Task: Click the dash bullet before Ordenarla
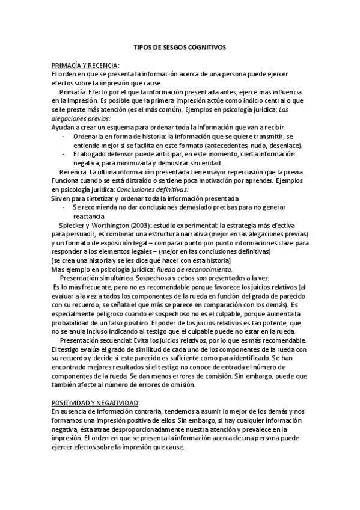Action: pos(64,137)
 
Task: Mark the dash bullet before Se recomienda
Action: pos(64,207)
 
